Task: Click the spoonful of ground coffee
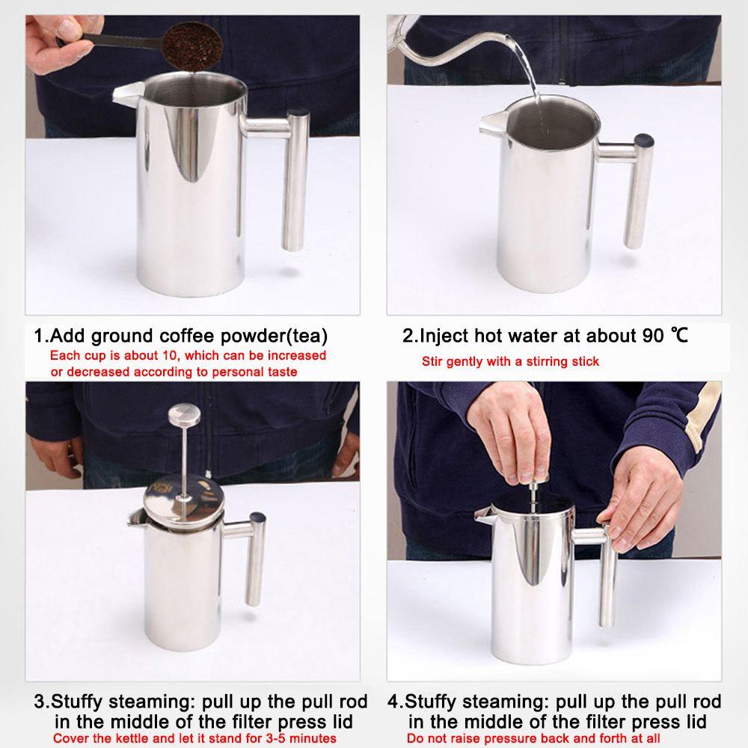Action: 192,46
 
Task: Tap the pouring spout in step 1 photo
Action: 128,92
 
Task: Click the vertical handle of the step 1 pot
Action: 295,180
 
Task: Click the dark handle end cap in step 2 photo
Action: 644,141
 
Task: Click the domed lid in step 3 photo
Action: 184,497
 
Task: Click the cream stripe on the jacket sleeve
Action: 702,415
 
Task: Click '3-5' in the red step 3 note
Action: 276,738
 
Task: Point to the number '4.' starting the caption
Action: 396,702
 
